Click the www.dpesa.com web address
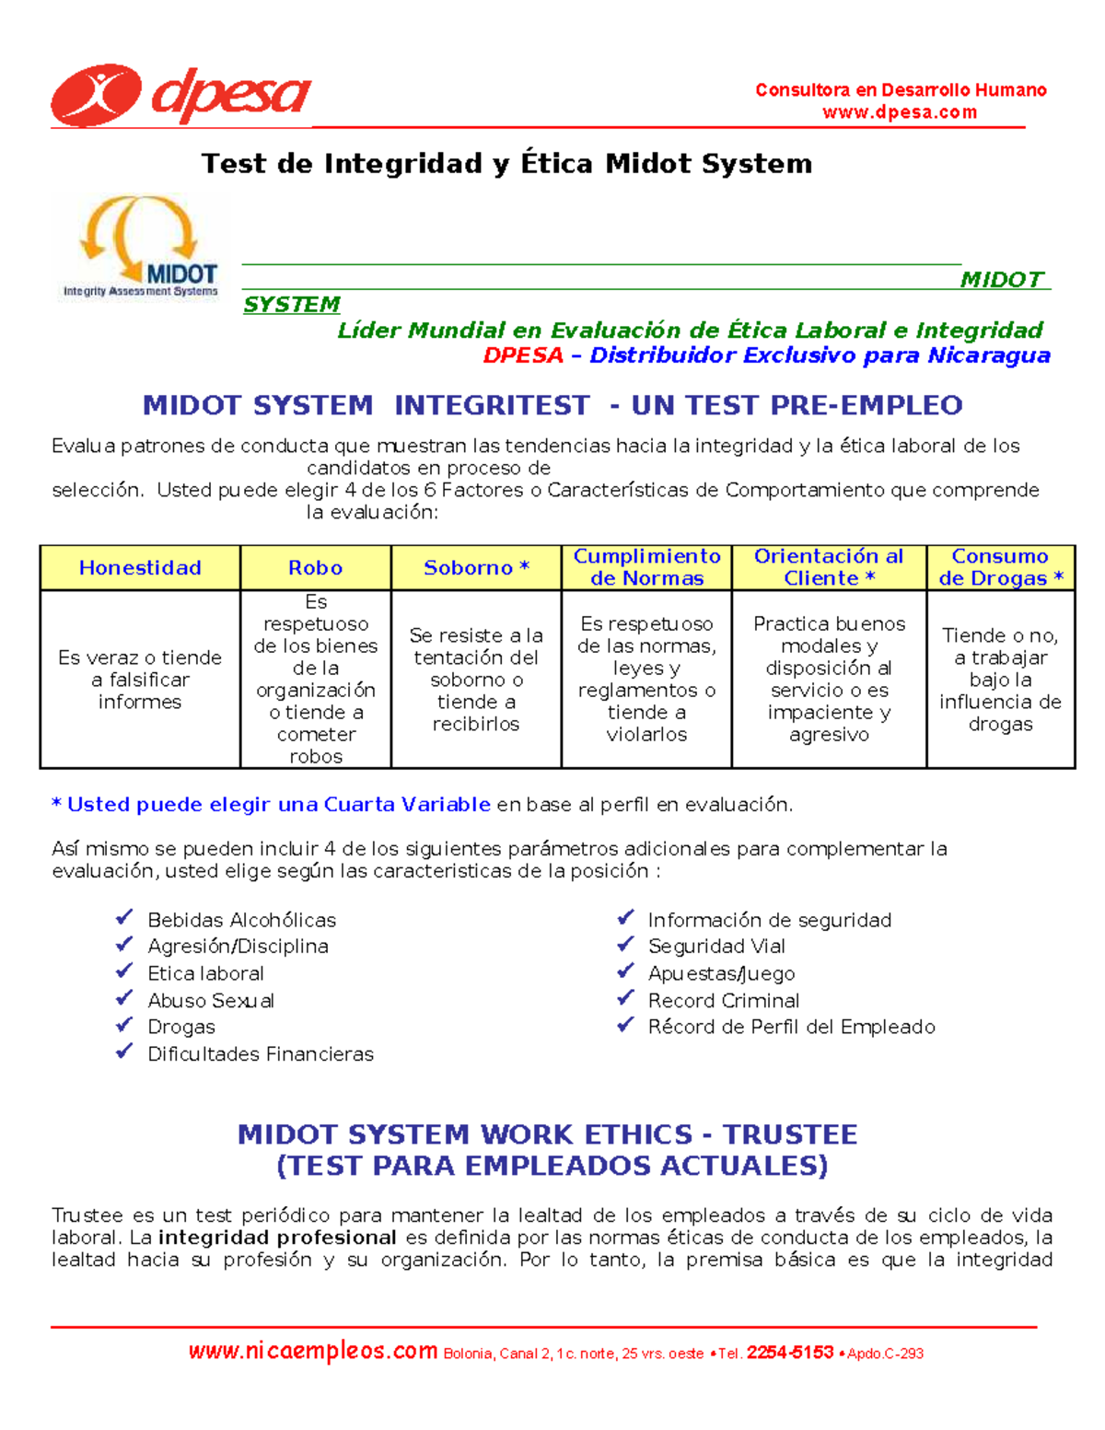(x=900, y=112)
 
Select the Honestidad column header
(x=140, y=568)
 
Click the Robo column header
(x=315, y=568)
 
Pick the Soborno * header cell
(x=476, y=568)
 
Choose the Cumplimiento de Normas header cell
(x=646, y=567)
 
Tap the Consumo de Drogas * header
(x=1000, y=567)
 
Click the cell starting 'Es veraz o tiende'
(x=140, y=680)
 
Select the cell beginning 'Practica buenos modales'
(x=829, y=679)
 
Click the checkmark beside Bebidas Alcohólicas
(x=124, y=918)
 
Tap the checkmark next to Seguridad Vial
(x=625, y=945)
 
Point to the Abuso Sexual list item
(x=211, y=1000)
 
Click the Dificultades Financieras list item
(x=261, y=1053)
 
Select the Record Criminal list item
(x=723, y=1000)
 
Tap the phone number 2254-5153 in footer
(x=789, y=1353)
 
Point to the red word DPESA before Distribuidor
(x=523, y=355)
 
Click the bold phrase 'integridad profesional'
(x=277, y=1238)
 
